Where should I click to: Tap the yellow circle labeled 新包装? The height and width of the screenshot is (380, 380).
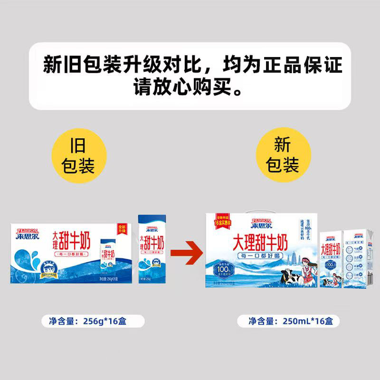[x=283, y=155]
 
